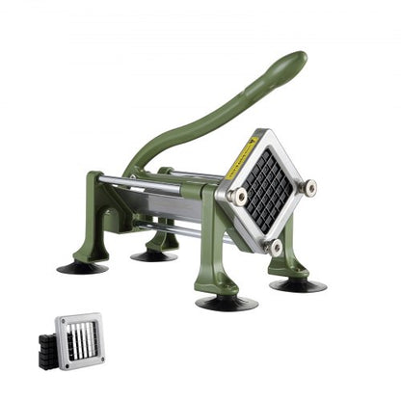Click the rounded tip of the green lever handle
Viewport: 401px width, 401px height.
(297, 61)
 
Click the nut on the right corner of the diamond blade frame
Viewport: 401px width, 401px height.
(309, 186)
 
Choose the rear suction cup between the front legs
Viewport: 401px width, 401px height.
(154, 255)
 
